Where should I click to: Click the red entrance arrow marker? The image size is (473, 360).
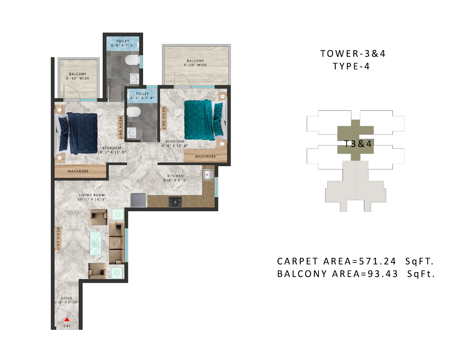pos(67,320)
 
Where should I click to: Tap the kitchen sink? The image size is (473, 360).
pos(208,175)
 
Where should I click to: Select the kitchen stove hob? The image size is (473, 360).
pos(175,202)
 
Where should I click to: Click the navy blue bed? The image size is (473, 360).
pos(78,133)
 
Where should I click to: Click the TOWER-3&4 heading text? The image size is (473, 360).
pos(353,54)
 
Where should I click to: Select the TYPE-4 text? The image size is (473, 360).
pos(351,66)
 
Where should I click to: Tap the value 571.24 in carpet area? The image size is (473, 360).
pos(377,261)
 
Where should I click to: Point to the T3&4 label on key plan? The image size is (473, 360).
pos(358,144)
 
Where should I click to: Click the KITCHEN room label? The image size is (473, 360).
pos(175,176)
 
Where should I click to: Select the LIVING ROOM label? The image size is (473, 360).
pos(92,195)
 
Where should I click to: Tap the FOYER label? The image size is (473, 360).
pos(67,298)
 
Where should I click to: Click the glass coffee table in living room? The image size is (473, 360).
pos(96,243)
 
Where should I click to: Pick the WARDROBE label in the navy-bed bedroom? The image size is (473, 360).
pos(78,171)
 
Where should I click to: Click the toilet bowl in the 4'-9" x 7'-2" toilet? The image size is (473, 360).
pos(131,59)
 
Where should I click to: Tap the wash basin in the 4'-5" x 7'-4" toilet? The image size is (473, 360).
pos(132,132)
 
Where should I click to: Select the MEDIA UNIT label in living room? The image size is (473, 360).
pos(58,238)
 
